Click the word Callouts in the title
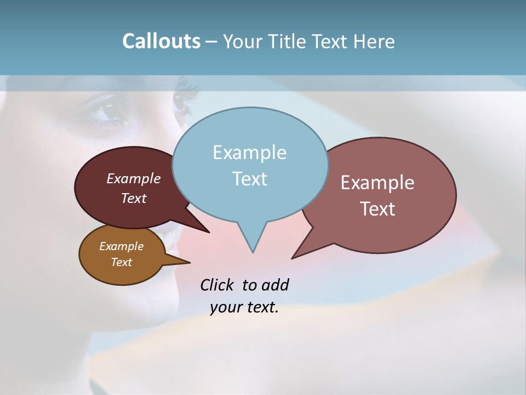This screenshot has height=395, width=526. click(161, 41)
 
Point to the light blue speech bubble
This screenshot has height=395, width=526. click(250, 165)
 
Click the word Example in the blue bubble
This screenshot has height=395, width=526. click(249, 153)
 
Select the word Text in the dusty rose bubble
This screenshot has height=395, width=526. click(378, 209)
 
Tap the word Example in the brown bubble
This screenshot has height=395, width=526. click(121, 246)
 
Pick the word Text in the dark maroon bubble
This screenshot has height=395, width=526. click(134, 198)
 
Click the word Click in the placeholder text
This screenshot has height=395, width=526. click(218, 285)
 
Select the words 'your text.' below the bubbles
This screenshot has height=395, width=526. click(244, 307)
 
